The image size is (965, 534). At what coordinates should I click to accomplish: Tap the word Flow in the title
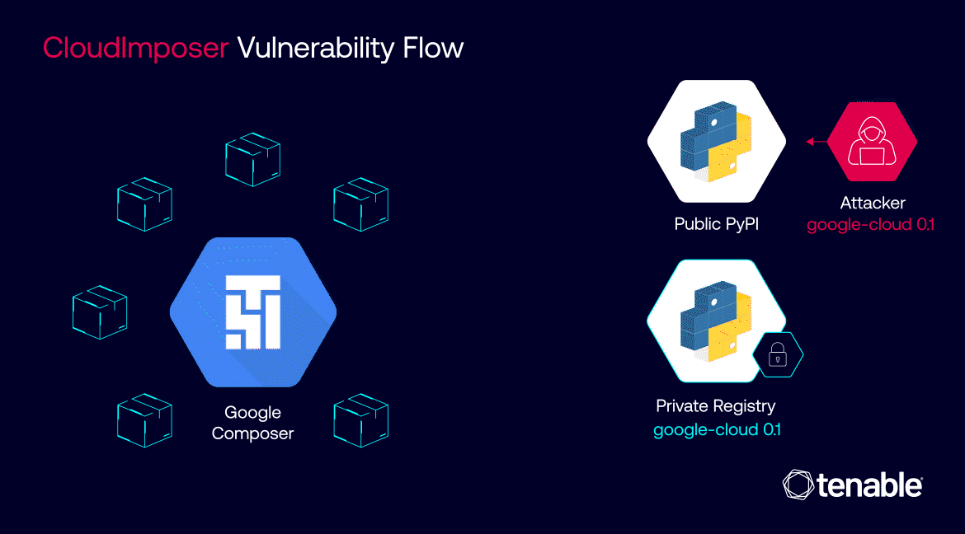[433, 48]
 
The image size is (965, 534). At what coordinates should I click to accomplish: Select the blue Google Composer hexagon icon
[253, 311]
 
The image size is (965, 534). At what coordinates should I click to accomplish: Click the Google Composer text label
[252, 423]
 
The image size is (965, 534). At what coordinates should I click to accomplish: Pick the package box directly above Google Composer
[252, 159]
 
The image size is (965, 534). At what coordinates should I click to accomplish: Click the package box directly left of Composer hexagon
[100, 311]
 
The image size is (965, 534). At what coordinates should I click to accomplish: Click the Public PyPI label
[717, 224]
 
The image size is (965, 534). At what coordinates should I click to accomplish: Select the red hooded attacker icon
[872, 142]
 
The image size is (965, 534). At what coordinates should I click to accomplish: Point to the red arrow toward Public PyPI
[816, 142]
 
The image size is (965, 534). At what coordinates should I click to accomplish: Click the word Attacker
[872, 203]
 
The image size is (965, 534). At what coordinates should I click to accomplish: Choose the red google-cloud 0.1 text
[871, 224]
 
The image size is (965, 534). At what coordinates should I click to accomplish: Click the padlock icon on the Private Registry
[779, 354]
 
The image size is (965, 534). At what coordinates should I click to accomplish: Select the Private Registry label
[716, 406]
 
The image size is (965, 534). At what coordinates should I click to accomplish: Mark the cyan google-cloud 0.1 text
[717, 429]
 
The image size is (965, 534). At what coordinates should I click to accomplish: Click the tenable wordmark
[869, 485]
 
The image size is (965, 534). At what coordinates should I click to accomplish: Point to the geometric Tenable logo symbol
[798, 485]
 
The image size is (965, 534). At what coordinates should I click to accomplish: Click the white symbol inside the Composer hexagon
[253, 311]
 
